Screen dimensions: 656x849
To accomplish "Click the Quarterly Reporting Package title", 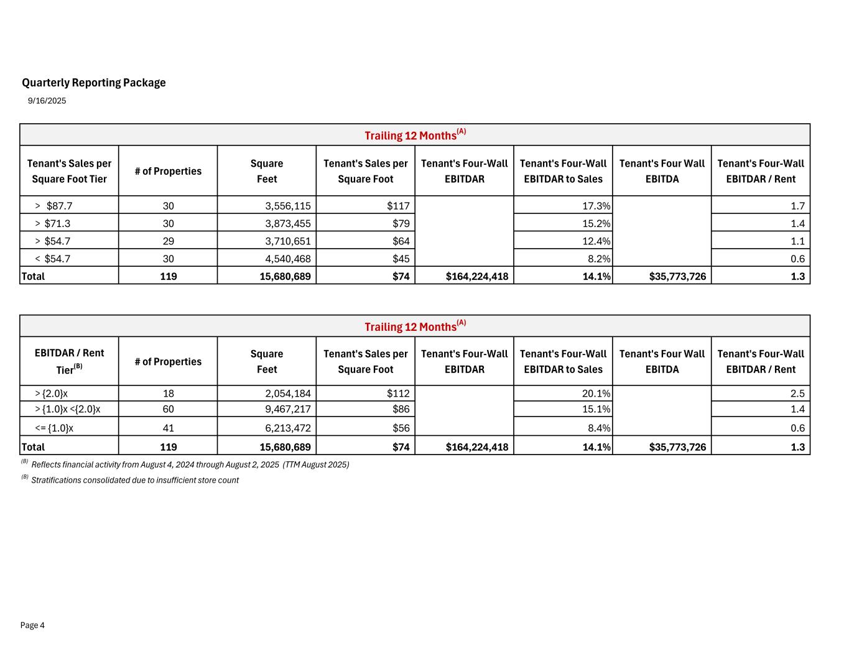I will coord(94,83).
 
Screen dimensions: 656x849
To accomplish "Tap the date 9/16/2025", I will coord(47,101).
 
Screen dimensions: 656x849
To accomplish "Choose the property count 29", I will coord(168,241).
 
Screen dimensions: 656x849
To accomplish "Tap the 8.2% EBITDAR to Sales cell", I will coord(599,259).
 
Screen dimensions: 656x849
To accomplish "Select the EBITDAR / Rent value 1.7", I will coord(798,206).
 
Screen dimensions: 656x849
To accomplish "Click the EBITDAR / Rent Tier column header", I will coord(69,361).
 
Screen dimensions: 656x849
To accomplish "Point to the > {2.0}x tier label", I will coord(52,393).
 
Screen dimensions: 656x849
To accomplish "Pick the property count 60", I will coord(168,409).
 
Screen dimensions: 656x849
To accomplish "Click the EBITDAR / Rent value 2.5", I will coord(798,393).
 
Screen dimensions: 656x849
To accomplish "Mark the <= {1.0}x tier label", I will coord(55,428).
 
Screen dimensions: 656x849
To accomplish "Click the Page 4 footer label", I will coord(32,626).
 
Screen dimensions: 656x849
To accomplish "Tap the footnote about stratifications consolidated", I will coord(134,480).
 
